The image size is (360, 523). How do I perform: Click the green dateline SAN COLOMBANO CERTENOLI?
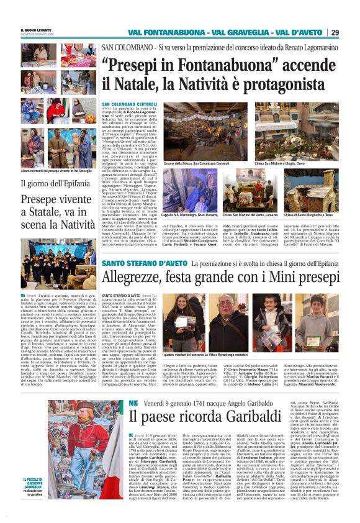pyautogui.click(x=130, y=104)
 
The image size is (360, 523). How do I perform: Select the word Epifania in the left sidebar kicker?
pyautogui.click(x=78, y=183)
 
